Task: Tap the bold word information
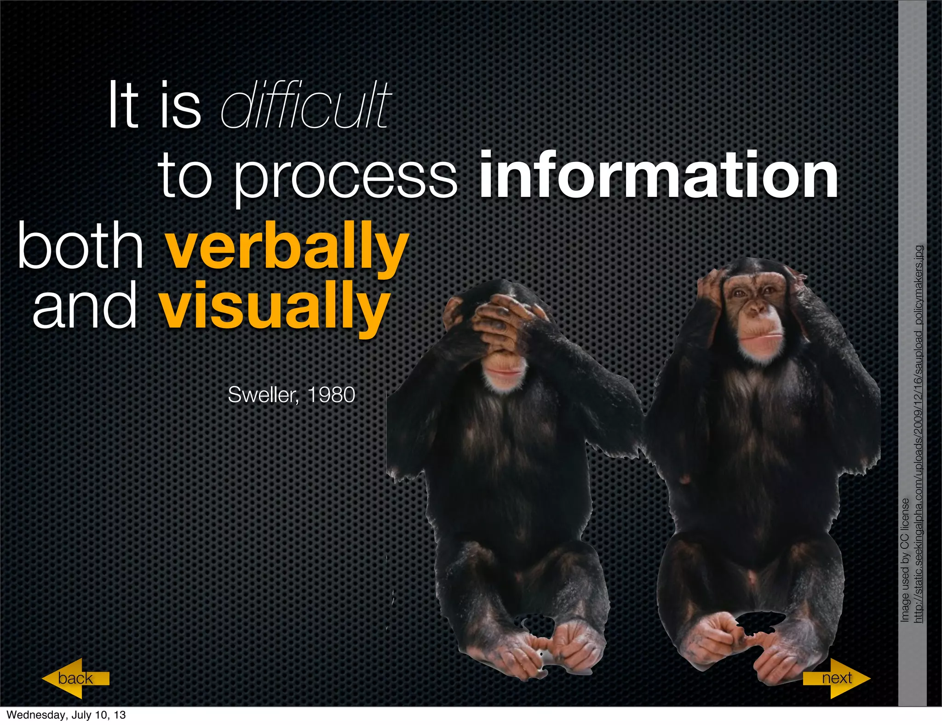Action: coord(659,176)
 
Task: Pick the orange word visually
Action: coord(275,306)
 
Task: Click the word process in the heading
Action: coord(345,177)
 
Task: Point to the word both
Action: coord(80,246)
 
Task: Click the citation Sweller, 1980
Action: coord(291,395)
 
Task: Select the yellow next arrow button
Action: coord(837,678)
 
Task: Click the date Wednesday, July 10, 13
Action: coord(66,715)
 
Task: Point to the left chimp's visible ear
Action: coord(453,313)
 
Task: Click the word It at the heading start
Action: coord(123,106)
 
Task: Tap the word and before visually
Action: coord(85,306)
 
